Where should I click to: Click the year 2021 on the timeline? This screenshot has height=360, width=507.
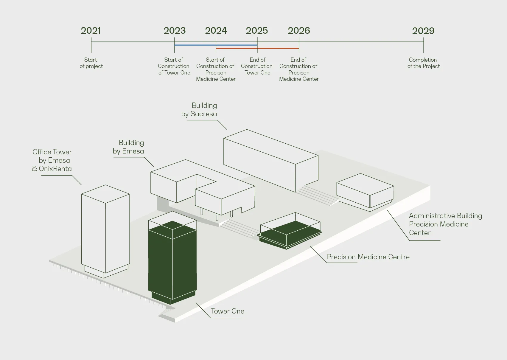click(x=91, y=31)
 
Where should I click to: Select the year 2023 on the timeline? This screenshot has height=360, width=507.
click(x=175, y=31)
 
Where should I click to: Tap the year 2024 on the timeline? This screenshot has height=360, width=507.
click(x=216, y=31)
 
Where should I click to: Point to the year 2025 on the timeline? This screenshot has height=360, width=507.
click(x=257, y=31)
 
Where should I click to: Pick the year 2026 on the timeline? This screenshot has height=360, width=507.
click(x=299, y=31)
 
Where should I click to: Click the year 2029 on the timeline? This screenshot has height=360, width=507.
click(x=423, y=31)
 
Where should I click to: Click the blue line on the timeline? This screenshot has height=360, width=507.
click(x=216, y=45)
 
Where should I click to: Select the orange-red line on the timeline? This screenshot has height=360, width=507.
click(x=257, y=48)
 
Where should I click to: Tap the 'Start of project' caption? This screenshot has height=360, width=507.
click(x=91, y=63)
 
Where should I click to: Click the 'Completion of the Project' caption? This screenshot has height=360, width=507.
click(x=424, y=63)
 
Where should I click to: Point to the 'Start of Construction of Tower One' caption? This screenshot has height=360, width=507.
click(x=174, y=66)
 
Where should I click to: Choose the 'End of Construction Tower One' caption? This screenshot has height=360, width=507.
click(x=257, y=66)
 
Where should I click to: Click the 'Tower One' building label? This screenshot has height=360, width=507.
click(x=228, y=311)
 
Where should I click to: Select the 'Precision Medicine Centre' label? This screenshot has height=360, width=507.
click(x=368, y=257)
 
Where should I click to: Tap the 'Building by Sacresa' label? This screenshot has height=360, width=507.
click(x=199, y=110)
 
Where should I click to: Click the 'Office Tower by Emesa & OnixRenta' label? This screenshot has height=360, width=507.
click(x=52, y=160)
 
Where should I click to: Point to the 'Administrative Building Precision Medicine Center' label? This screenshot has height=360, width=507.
click(x=445, y=224)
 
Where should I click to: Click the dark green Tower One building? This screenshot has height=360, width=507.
click(x=172, y=263)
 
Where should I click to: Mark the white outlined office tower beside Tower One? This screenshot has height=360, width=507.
click(x=105, y=231)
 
